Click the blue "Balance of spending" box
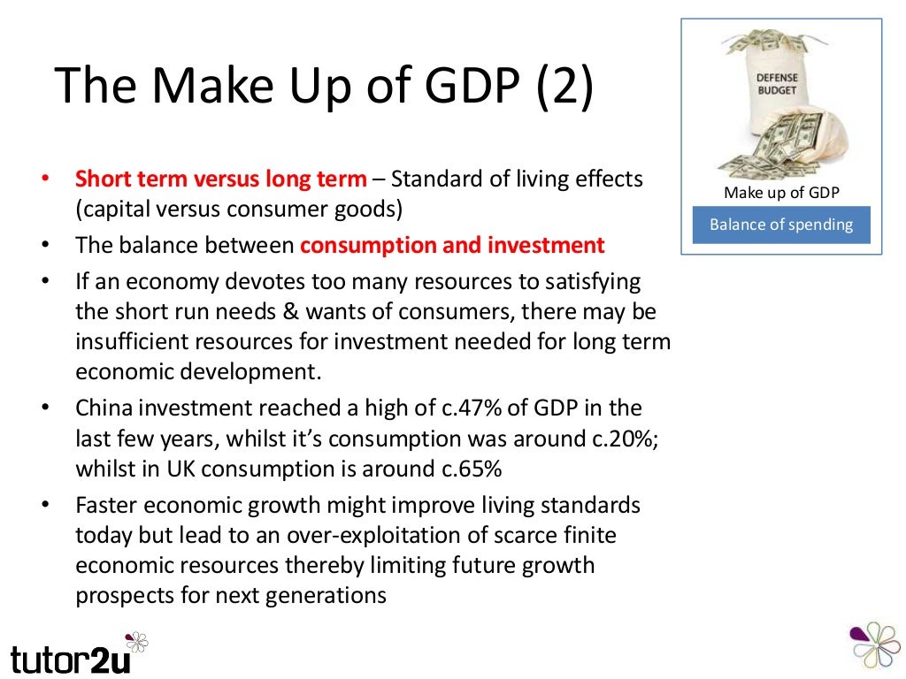[781, 225]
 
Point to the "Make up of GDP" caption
[781, 193]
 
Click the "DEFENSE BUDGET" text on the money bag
[776, 83]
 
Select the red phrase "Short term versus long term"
[220, 179]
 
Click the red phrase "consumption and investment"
[452, 245]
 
